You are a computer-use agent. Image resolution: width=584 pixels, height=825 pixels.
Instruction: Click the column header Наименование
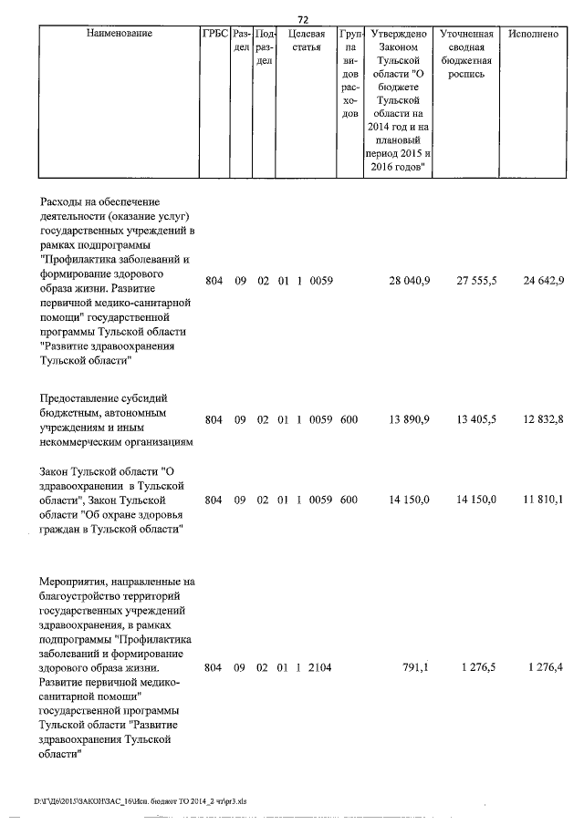click(119, 34)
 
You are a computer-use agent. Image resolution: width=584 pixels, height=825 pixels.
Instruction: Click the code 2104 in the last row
click(320, 667)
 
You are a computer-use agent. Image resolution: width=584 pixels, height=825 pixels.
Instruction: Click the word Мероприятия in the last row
click(74, 581)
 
